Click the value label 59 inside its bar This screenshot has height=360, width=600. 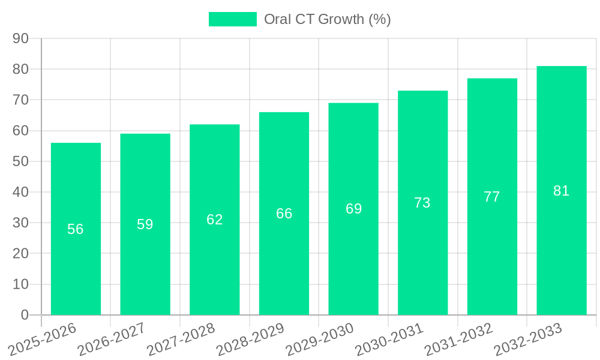[x=145, y=224]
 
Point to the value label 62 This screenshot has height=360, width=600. [x=215, y=220]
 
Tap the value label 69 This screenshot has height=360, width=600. [x=353, y=209]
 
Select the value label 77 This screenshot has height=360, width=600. [x=492, y=197]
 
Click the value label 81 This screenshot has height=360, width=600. [x=561, y=191]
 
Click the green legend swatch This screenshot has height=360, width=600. [x=232, y=19]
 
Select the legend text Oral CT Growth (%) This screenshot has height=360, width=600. [x=328, y=19]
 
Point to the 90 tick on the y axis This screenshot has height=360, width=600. [x=20, y=38]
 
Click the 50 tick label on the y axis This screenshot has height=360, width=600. [x=20, y=161]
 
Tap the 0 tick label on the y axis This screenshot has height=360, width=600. [x=25, y=315]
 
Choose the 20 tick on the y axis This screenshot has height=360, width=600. [x=20, y=254]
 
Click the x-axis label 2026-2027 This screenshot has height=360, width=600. [x=112, y=338]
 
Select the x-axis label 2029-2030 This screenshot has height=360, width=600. [x=320, y=338]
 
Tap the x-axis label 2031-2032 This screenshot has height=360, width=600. [x=459, y=338]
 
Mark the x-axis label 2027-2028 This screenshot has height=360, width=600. [x=181, y=338]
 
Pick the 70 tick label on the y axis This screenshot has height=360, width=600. [x=20, y=100]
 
